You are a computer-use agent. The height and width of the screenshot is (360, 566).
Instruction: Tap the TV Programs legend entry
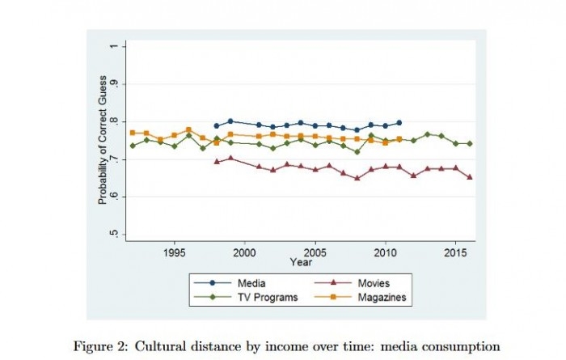pyautogui.click(x=250, y=298)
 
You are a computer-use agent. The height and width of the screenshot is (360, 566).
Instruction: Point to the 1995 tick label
pyautogui.click(x=175, y=253)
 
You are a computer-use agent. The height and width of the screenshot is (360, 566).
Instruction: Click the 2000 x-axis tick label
pyautogui.click(x=244, y=253)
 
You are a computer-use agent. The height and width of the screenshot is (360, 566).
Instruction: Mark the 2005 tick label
pyautogui.click(x=315, y=253)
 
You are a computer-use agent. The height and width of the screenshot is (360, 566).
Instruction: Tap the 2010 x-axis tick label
pyautogui.click(x=385, y=253)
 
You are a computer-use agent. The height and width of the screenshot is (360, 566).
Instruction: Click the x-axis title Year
pyautogui.click(x=301, y=263)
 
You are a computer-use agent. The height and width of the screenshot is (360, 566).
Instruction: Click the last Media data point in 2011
pyautogui.click(x=399, y=123)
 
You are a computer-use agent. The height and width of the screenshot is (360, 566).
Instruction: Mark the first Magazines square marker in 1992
pyautogui.click(x=133, y=133)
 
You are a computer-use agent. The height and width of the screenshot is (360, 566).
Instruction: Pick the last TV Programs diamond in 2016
pyautogui.click(x=470, y=143)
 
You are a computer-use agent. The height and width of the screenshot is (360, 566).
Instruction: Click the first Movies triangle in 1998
pyautogui.click(x=217, y=162)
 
